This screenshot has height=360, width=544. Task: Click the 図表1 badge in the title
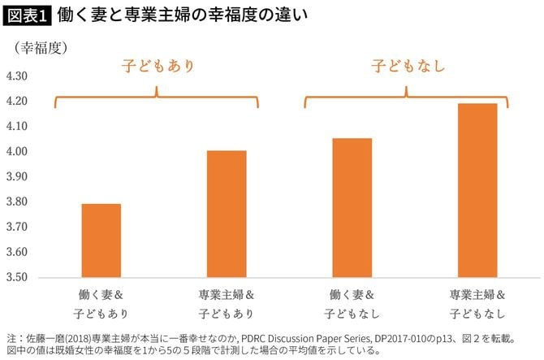27,15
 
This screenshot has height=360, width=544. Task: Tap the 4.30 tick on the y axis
17,76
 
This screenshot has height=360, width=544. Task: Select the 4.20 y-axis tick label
17,102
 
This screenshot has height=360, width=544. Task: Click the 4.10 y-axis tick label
17,127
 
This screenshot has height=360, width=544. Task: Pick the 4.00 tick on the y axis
17,152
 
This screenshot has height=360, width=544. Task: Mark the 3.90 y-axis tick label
17,176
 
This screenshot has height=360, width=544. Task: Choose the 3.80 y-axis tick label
17,202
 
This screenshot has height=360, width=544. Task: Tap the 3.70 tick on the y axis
17,227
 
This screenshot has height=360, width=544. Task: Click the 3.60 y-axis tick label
17,252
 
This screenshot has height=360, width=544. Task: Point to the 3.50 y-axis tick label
17,277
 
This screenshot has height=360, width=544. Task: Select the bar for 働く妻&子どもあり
101,241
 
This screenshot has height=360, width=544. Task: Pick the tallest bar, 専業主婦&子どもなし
477,190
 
